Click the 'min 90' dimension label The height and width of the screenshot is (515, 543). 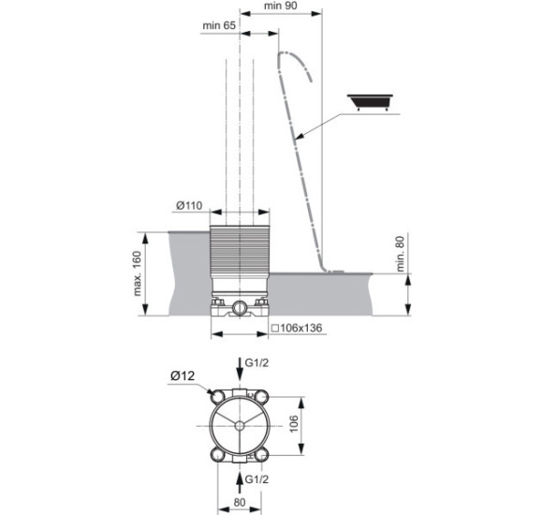click(281, 6)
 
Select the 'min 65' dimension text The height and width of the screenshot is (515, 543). click(219, 25)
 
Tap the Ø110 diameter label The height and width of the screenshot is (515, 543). click(189, 205)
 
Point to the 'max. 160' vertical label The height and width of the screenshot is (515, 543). click(138, 273)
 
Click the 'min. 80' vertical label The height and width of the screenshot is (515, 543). click(400, 254)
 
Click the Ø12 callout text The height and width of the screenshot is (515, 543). click(183, 375)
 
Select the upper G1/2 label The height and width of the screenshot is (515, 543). click(257, 363)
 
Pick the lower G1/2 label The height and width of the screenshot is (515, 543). click(257, 479)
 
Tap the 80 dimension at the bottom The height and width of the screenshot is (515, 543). click(240, 503)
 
